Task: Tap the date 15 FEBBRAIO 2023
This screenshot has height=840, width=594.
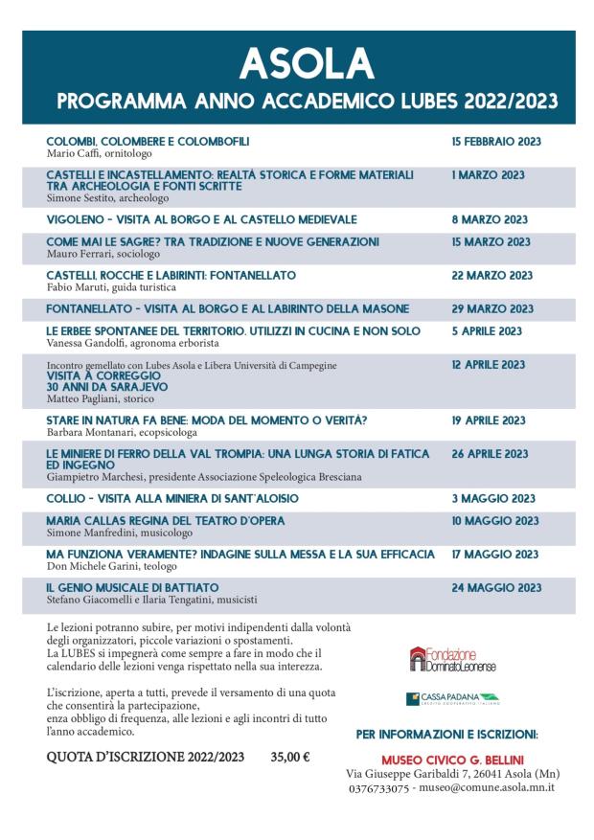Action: pos(496,142)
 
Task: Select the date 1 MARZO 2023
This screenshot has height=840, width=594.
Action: pos(488,175)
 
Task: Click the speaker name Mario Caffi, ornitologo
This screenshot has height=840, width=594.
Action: pos(100,153)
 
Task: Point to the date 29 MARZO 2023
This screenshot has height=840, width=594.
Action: pos(491,309)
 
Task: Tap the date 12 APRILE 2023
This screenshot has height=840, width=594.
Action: pos(489,365)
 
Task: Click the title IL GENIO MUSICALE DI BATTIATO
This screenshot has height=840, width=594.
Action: pos(132,587)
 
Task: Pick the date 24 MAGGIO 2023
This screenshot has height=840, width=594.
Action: pos(495,587)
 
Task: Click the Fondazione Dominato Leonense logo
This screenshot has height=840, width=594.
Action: pos(452,658)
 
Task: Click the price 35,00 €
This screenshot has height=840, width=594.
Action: pos(290,757)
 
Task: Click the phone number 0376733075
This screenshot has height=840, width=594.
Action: pos(380,787)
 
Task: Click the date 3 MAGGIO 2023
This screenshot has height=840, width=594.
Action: pos(493,499)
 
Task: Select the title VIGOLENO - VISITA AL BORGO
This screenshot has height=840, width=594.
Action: pos(201,219)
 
